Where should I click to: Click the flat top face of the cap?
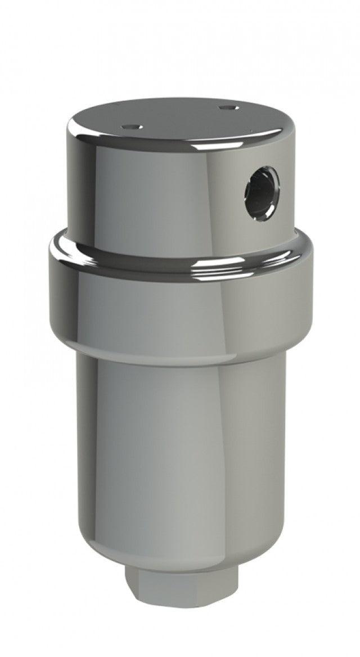[x=174, y=118]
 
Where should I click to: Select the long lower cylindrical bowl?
[x=180, y=450]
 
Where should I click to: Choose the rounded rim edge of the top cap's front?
[x=180, y=147]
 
